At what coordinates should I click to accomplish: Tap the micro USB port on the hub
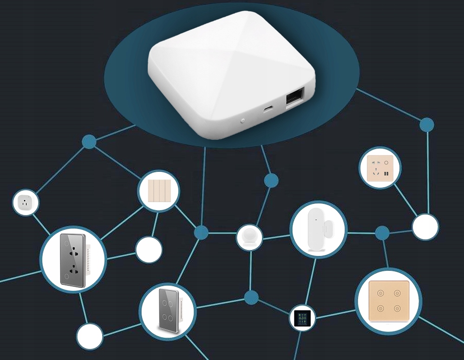coord(268,110)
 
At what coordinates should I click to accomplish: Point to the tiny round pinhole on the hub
coord(243,120)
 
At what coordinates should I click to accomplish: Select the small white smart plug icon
coord(26,203)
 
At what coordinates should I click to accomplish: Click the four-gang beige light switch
coord(158,191)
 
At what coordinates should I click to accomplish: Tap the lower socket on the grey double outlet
coord(73,270)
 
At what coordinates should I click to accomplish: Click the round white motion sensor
coord(250,237)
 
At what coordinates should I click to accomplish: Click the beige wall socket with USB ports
coord(380,168)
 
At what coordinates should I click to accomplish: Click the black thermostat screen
coord(302,318)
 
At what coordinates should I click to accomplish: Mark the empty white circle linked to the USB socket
coord(425,227)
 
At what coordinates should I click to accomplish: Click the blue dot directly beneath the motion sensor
coord(251,297)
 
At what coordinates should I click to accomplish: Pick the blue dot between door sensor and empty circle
coord(382,232)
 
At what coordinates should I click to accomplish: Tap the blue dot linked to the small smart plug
coord(89,141)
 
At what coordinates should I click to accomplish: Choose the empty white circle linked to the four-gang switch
coord(149,249)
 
